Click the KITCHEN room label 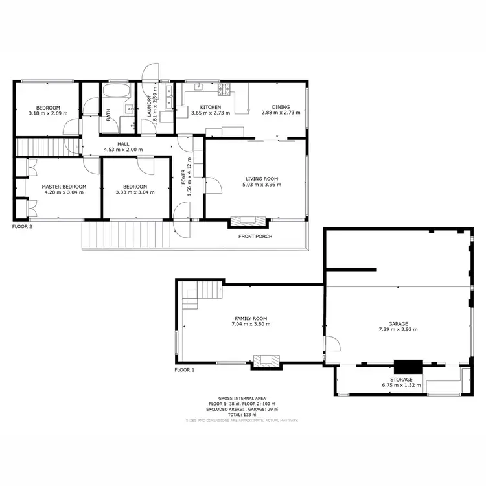[211, 107]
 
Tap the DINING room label [281, 107]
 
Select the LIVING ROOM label [262, 178]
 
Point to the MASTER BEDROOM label [64, 186]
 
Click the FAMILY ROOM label [250, 318]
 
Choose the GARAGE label [398, 323]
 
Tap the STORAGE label [401, 379]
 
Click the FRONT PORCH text [255, 237]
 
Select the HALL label [123, 144]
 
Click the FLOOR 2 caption [22, 227]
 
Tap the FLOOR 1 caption [184, 370]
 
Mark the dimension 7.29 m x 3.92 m [398, 329]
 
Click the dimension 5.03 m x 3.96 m [262, 185]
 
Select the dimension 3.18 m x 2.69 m [48, 113]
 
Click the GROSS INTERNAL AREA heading [242, 399]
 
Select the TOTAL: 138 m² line [242, 415]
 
